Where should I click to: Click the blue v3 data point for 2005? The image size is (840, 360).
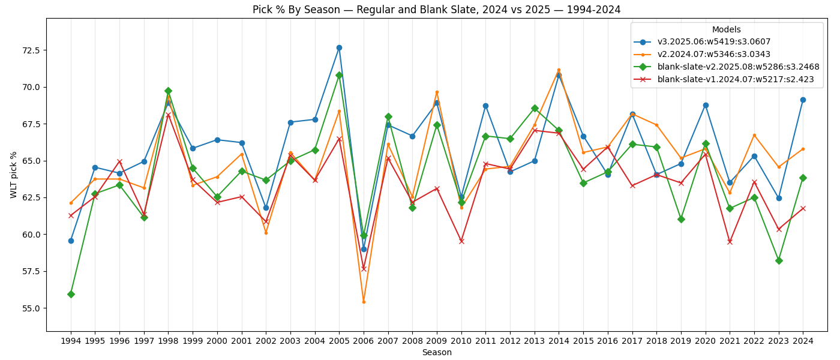[339, 47]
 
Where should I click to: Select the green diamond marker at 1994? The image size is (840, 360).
[71, 294]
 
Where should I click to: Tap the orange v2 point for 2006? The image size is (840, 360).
[364, 302]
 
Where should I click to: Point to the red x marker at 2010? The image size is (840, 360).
[461, 241]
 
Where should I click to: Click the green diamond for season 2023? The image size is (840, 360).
[779, 260]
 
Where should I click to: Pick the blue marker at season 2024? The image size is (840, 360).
[803, 100]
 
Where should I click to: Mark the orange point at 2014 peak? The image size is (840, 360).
[559, 70]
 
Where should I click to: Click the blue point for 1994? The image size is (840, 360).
[71, 241]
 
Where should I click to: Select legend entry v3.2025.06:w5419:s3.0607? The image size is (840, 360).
[713, 42]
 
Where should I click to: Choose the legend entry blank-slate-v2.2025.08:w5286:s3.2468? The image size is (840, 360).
[738, 67]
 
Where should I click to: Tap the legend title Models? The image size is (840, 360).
[726, 29]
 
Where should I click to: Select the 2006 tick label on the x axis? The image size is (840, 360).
[364, 341]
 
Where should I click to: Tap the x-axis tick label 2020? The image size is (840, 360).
[706, 341]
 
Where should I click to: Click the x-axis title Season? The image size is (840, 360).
[437, 353]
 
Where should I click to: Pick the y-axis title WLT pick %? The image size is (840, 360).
[14, 175]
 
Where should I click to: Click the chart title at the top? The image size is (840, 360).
[437, 10]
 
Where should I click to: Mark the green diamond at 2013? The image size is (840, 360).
[535, 109]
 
